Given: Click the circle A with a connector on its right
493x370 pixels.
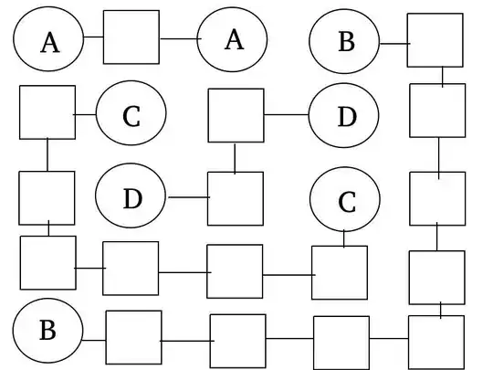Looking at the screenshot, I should point(48,40).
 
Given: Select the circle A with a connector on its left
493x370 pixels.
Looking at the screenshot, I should point(233,39).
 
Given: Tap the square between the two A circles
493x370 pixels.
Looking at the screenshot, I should point(131,37).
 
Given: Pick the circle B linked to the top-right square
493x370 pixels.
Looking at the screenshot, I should point(344,42).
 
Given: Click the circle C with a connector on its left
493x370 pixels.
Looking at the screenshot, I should point(131,115).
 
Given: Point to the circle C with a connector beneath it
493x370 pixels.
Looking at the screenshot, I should point(345,200).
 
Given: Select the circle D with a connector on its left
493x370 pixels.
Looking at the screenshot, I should point(344,116).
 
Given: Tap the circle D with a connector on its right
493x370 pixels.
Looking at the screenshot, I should point(131,197).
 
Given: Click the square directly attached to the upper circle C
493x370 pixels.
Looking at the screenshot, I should point(47,111).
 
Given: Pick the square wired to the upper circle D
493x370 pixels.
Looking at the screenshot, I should point(236,115).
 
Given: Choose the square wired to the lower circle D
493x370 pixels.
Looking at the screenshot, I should point(236,197).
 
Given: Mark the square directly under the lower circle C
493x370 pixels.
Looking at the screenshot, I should point(340,272).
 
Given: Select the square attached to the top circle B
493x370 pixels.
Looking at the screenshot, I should point(435,40).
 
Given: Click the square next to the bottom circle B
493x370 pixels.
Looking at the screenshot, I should point(133,337).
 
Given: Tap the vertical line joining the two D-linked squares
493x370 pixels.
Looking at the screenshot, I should point(235,157).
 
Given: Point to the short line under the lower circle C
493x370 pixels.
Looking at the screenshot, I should point(344,238).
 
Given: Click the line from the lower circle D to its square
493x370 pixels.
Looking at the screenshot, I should point(187,197).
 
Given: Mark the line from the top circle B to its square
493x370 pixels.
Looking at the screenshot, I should point(393,43).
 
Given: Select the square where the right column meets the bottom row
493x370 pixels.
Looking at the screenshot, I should point(435,341).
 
